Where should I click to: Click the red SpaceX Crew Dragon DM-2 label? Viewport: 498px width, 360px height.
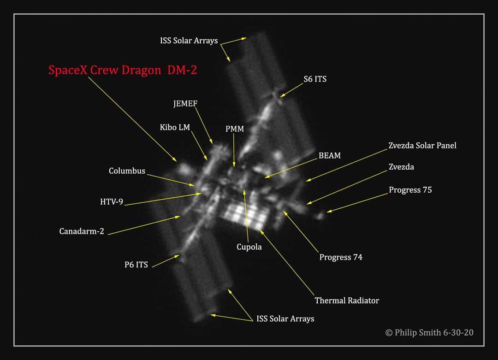(123, 70)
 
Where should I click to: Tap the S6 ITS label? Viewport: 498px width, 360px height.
(315, 79)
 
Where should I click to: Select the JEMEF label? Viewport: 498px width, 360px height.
(185, 104)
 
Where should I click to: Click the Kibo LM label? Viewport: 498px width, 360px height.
(175, 127)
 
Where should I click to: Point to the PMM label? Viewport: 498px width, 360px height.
(235, 129)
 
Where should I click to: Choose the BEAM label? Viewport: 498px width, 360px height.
(330, 155)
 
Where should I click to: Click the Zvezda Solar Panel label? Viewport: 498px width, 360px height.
(422, 145)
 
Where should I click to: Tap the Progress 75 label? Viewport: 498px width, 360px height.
(410, 190)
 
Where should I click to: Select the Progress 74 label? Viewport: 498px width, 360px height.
(341, 257)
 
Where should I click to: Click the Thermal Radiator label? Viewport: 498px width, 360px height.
(347, 301)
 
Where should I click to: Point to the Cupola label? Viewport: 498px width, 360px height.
(249, 247)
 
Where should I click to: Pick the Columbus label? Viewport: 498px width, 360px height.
(127, 171)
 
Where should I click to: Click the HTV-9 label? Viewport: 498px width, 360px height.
(112, 202)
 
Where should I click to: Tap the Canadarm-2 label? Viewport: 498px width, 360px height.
(82, 231)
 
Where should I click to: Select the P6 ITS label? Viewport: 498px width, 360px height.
(136, 265)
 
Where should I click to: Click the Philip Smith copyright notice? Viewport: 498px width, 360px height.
(429, 333)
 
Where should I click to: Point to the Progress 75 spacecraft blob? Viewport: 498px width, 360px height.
(320, 216)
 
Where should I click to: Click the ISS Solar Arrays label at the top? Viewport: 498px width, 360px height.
(189, 41)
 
